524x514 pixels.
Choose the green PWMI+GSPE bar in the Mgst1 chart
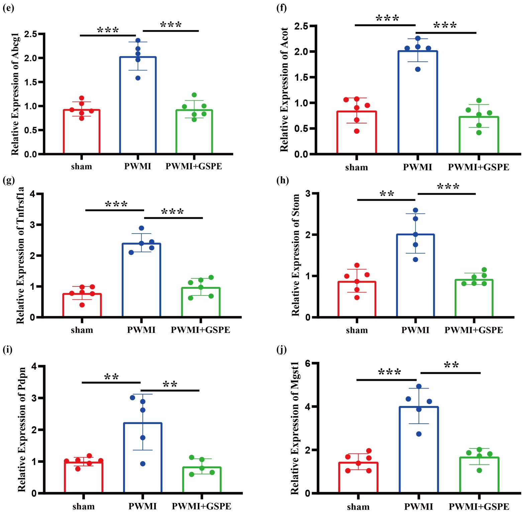coord(479,475)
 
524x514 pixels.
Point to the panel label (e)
coord(8,8)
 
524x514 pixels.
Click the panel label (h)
coord(283,180)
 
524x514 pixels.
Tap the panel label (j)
coord(282,350)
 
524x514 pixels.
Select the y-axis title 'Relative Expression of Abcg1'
coord(15,94)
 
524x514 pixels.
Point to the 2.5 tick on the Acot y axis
coord(301,26)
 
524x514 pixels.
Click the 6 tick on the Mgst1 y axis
coord(307,363)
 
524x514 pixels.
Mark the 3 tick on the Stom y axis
coord(308,193)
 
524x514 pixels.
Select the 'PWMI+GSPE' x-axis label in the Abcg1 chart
coord(194,166)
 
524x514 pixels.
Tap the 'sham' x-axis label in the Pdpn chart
coord(84,506)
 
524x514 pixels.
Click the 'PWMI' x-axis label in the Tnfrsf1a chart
coord(141,330)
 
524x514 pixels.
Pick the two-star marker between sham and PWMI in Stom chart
coord(387,194)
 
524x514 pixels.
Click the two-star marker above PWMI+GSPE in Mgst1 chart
coord(451,365)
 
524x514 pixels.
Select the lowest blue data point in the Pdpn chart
coord(143,464)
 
